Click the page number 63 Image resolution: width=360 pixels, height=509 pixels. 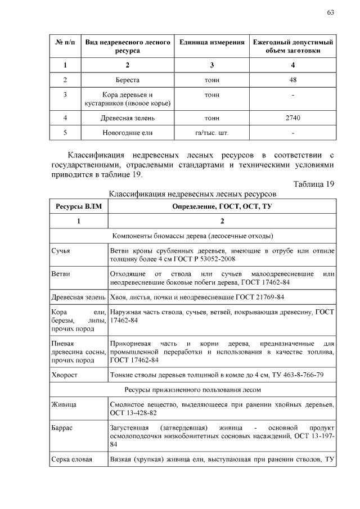pyautogui.click(x=330, y=12)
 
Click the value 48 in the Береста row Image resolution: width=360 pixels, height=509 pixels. pyautogui.click(x=292, y=80)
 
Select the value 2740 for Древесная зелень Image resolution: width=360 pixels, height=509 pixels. pyautogui.click(x=292, y=118)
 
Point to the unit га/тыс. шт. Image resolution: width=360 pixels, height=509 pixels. pyautogui.click(x=211, y=133)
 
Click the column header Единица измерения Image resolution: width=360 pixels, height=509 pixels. pyautogui.click(x=211, y=42)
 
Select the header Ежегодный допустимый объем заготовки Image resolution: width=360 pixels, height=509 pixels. pyautogui.click(x=292, y=46)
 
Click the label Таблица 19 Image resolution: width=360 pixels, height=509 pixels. pyautogui.click(x=314, y=184)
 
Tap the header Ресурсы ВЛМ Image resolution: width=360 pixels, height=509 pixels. pyautogui.click(x=79, y=206)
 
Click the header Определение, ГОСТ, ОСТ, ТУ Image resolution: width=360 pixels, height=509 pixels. pyautogui.click(x=222, y=206)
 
